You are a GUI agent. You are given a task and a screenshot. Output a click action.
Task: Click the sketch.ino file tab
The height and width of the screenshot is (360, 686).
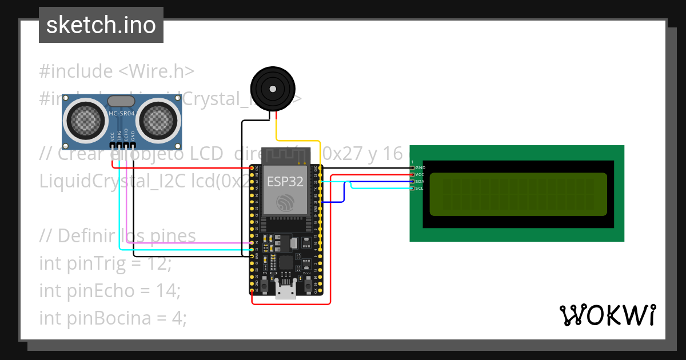tap(101, 25)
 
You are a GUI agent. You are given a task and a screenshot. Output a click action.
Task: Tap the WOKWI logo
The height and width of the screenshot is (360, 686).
tap(607, 315)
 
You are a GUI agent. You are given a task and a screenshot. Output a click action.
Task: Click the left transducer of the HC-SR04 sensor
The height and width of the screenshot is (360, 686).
tap(85, 119)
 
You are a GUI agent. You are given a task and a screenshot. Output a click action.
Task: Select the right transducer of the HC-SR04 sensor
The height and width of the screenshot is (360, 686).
tap(159, 119)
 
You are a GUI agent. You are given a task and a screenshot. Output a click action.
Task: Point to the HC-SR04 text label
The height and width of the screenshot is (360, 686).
tap(122, 114)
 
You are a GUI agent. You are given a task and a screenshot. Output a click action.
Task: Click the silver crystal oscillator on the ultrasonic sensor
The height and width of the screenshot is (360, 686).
tap(121, 101)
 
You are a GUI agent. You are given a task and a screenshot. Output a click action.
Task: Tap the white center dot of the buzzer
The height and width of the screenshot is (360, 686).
tap(273, 89)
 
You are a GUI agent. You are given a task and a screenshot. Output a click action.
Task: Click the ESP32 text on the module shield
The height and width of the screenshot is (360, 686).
tap(285, 182)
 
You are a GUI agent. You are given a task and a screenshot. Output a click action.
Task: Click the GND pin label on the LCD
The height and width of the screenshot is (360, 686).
tap(420, 167)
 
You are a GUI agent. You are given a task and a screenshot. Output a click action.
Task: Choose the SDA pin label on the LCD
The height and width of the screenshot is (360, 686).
tap(420, 181)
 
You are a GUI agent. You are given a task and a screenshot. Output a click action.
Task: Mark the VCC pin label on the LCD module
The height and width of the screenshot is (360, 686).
tap(420, 174)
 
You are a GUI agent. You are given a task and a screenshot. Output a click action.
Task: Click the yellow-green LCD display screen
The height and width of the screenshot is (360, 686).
tap(518, 194)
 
